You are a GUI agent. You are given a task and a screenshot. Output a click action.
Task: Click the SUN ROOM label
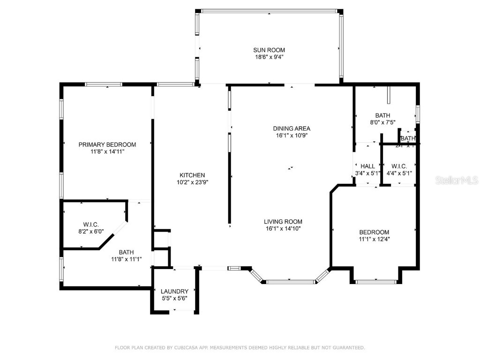pyautogui.click(x=269, y=50)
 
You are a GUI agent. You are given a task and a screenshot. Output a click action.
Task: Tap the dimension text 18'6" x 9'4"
pyautogui.click(x=269, y=57)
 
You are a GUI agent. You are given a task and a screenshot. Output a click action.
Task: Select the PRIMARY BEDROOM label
pyautogui.click(x=107, y=144)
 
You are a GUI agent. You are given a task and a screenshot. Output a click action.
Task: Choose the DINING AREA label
pyautogui.click(x=292, y=128)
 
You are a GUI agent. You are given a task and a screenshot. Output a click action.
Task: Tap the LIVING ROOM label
pyautogui.click(x=283, y=222)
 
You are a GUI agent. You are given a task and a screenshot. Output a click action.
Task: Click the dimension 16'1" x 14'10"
pyautogui.click(x=283, y=229)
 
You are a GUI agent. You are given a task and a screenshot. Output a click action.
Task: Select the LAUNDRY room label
pyautogui.click(x=174, y=291)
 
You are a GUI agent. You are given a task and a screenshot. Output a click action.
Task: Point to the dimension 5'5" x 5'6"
pyautogui.click(x=174, y=298)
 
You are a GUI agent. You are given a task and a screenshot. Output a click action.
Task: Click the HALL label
pyautogui.click(x=367, y=166)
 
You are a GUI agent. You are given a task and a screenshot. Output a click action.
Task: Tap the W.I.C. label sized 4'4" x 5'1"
pyautogui.click(x=399, y=166)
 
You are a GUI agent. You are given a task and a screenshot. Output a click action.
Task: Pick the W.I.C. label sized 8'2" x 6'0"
pyautogui.click(x=91, y=225)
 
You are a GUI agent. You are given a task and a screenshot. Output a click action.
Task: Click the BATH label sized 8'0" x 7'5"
pyautogui.click(x=382, y=115)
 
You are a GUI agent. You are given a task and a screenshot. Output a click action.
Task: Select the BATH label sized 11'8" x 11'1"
pyautogui.click(x=126, y=252)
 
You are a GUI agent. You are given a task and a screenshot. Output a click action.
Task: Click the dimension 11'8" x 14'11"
pyautogui.click(x=107, y=151)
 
